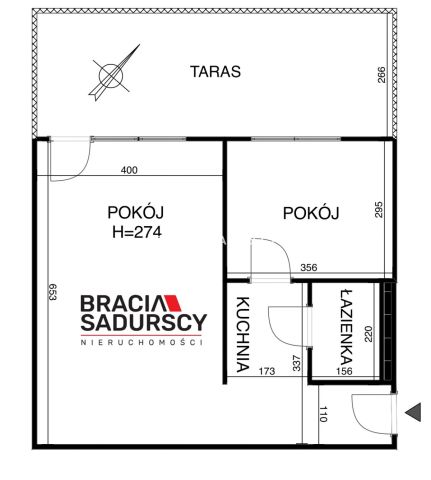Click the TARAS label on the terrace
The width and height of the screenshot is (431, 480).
[215, 72]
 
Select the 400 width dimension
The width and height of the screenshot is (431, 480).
[129, 170]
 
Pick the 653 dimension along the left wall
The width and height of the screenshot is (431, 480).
[53, 295]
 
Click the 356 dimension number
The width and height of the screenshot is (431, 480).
[310, 266]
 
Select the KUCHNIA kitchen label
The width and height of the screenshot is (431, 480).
[241, 335]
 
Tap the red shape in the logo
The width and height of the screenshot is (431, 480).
[170, 302]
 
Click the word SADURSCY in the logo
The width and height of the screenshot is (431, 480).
[143, 322]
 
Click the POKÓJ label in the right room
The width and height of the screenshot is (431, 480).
[311, 212]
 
